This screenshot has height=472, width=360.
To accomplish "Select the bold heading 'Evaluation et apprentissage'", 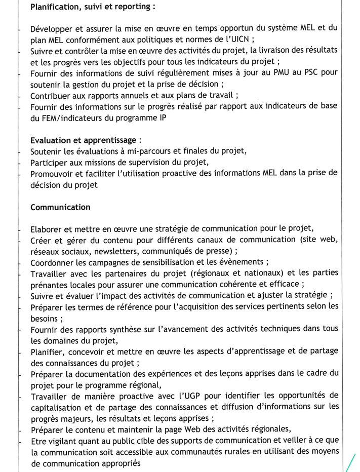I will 84,140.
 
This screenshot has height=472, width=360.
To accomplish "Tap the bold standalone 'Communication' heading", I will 60,207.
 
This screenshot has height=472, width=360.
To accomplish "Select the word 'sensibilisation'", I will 167,262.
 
